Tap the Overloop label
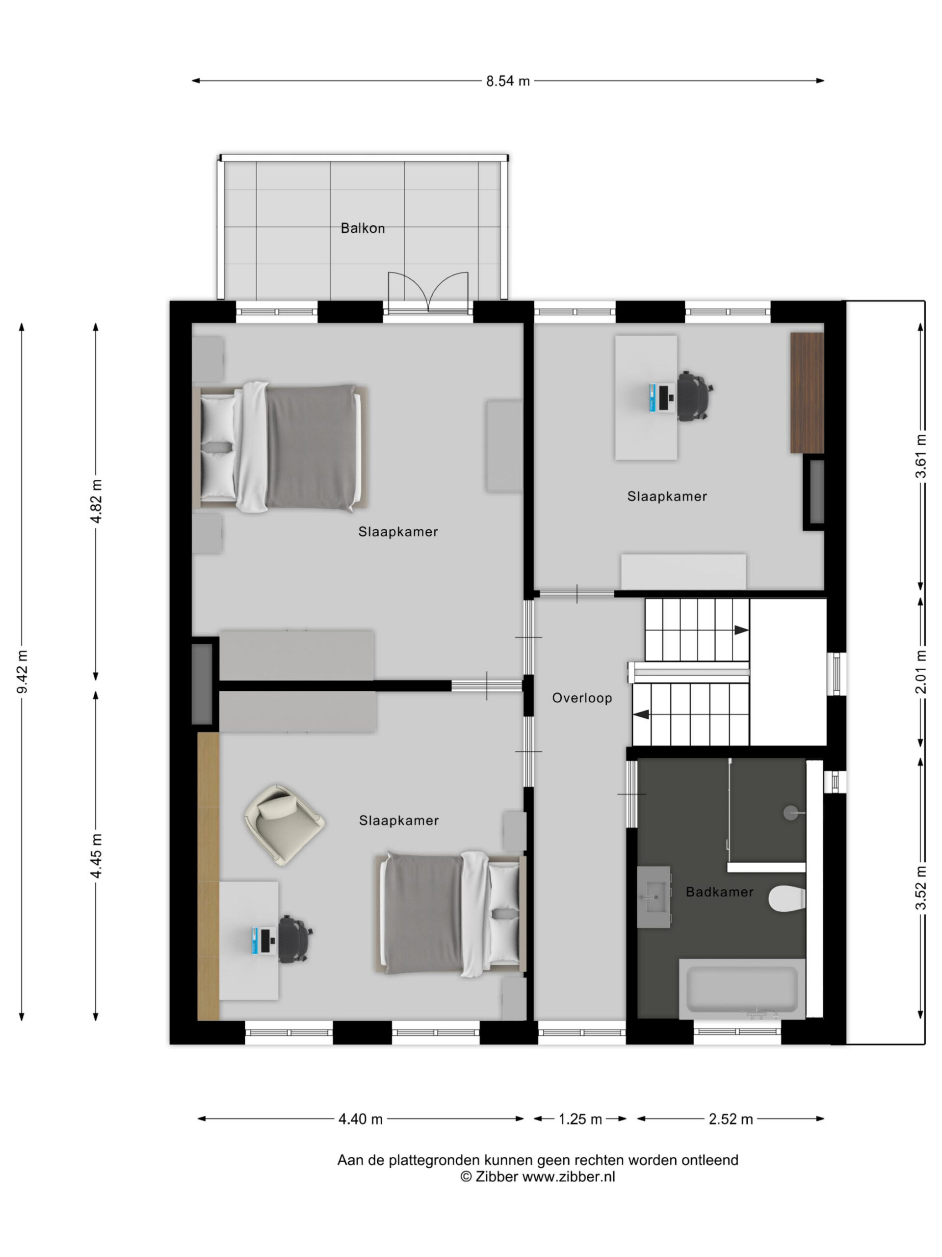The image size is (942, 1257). pyautogui.click(x=582, y=698)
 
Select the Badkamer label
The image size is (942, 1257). pyautogui.click(x=719, y=892)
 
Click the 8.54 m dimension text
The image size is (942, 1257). pyautogui.click(x=508, y=81)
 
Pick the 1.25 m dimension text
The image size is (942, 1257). pyautogui.click(x=580, y=1119)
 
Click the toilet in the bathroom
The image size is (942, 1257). pyautogui.click(x=787, y=899)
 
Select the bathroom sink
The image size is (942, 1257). pyautogui.click(x=654, y=897)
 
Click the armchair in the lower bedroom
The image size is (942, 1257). pyautogui.click(x=285, y=825)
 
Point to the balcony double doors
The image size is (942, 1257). pyautogui.click(x=428, y=292)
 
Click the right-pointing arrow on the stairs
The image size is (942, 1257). pyautogui.click(x=741, y=629)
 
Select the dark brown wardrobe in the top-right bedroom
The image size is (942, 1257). pyautogui.click(x=807, y=393)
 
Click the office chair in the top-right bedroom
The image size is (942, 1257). pyautogui.click(x=694, y=396)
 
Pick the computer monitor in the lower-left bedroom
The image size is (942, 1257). pyautogui.click(x=263, y=940)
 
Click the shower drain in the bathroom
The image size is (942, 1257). pyautogui.click(x=791, y=813)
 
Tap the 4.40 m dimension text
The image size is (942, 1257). pyautogui.click(x=361, y=1119)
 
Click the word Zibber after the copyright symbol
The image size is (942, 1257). pyautogui.click(x=497, y=1176)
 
